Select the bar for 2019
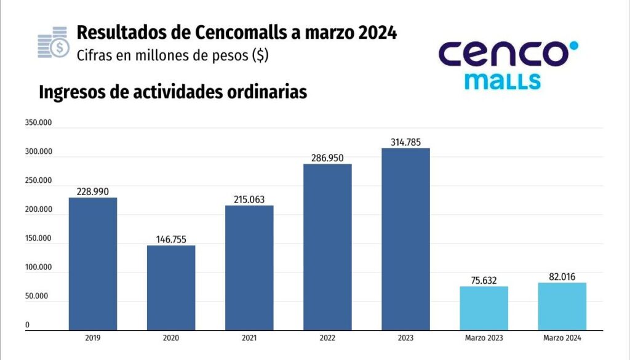(92, 263)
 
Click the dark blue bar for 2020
(171, 287)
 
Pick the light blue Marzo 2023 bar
(484, 308)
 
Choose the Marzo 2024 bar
(562, 306)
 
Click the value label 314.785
(405, 142)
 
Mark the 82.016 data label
(562, 277)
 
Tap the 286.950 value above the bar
(327, 158)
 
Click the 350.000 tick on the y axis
(38, 123)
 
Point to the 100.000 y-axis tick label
(38, 268)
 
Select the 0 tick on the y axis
(27, 325)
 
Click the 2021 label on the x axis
(249, 338)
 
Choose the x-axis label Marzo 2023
(484, 338)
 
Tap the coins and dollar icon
(54, 42)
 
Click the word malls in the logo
(503, 81)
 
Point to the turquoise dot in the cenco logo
(573, 46)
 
